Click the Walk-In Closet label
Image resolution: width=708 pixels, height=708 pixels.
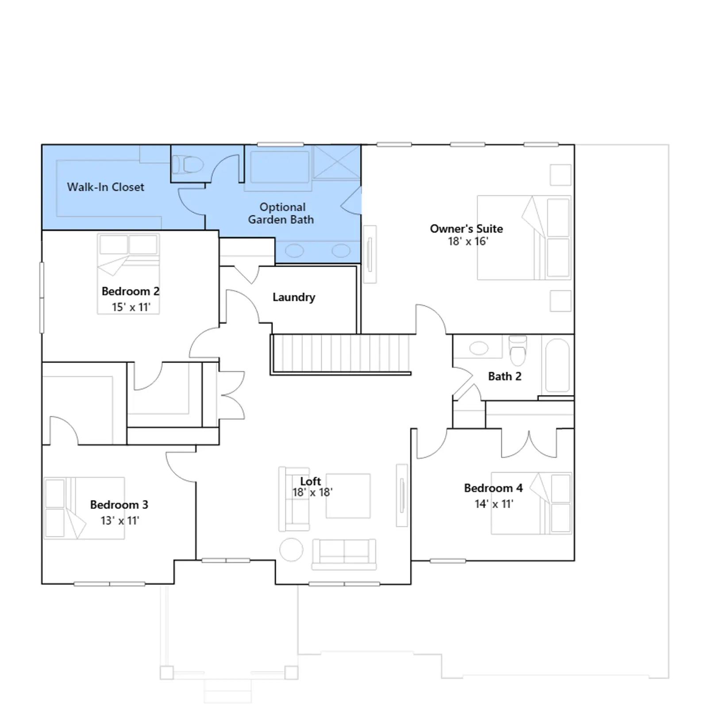pos(106,187)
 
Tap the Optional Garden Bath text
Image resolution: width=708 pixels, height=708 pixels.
pos(281,213)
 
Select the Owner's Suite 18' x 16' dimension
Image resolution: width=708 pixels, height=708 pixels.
pos(468,241)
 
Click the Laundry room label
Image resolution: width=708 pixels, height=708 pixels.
pos(294,297)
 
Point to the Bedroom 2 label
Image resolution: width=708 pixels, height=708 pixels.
pos(131,291)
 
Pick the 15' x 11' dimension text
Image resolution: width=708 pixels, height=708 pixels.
pos(131,307)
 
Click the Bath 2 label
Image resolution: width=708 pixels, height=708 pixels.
pos(505,377)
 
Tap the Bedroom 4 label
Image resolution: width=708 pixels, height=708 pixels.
pos(493,488)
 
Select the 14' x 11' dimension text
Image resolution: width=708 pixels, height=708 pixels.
pos(494,504)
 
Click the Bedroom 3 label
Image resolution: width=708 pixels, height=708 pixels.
pos(119,505)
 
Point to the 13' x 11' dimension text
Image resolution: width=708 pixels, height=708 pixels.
pos(120,521)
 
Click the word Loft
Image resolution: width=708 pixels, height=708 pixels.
pos(311,481)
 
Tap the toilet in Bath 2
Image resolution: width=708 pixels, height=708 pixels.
pos(518,351)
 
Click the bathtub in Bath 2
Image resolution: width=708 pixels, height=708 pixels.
pos(558,366)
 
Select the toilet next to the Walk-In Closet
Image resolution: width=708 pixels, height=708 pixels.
pos(188,165)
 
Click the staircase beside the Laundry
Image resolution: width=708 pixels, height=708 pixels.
pos(342,354)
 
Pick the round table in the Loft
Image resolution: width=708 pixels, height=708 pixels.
pos(292,550)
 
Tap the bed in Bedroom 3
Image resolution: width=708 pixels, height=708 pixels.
pos(85,508)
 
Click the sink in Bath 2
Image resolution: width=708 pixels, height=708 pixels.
pos(479,348)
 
